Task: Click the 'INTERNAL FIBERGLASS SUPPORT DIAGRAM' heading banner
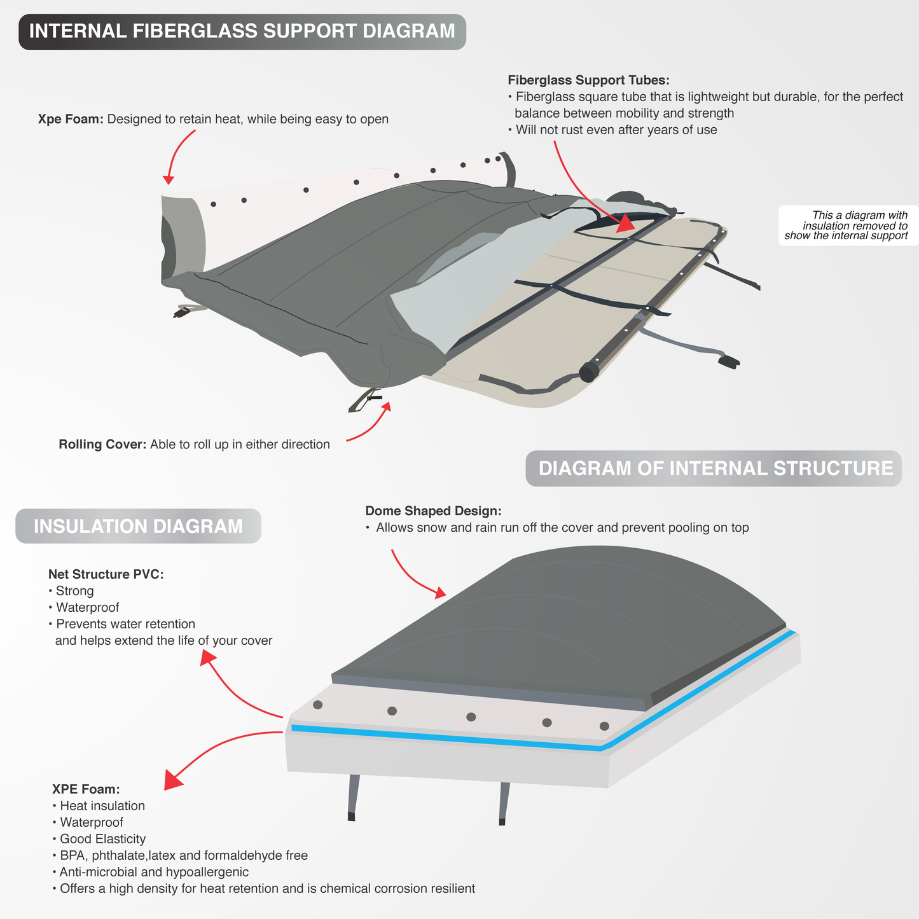click(242, 31)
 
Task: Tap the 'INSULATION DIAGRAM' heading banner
click(138, 527)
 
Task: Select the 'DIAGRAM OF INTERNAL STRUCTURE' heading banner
click(715, 469)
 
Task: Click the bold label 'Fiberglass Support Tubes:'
click(588, 80)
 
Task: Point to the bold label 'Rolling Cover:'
click(102, 445)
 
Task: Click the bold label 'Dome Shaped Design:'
click(433, 511)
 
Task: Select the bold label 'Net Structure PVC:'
click(106, 574)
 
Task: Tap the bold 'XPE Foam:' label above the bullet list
click(86, 789)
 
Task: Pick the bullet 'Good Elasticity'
click(102, 839)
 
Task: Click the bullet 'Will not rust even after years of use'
click(616, 130)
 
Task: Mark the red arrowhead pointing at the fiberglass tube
click(626, 223)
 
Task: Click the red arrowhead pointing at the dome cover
click(439, 593)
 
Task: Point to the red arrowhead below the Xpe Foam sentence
click(169, 179)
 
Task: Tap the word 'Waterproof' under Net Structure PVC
click(87, 607)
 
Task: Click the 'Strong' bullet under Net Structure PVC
click(74, 591)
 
